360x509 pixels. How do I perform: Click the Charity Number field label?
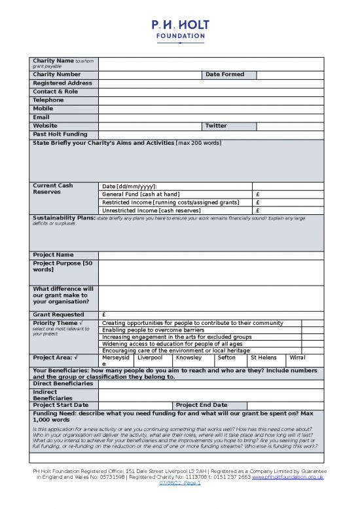pyautogui.click(x=57, y=75)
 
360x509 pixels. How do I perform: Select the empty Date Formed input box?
pyautogui.click(x=289, y=75)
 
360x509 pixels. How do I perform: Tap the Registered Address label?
pyautogui.click(x=62, y=83)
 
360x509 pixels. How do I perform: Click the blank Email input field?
pyautogui.click(x=210, y=117)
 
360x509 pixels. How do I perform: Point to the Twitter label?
pyautogui.click(x=216, y=126)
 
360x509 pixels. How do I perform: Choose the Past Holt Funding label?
pyautogui.click(x=60, y=134)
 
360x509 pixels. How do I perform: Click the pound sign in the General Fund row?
pyautogui.click(x=259, y=195)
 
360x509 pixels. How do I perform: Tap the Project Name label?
pyautogui.click(x=54, y=255)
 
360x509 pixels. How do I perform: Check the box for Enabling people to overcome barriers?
pyautogui.click(x=312, y=330)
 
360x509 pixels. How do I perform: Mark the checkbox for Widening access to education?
pyautogui.click(x=312, y=344)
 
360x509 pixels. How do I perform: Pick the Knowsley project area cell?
pyautogui.click(x=189, y=358)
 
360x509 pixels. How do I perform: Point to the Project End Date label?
pyautogui.click(x=202, y=405)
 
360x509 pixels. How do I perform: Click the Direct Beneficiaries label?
pyautogui.click(x=64, y=384)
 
